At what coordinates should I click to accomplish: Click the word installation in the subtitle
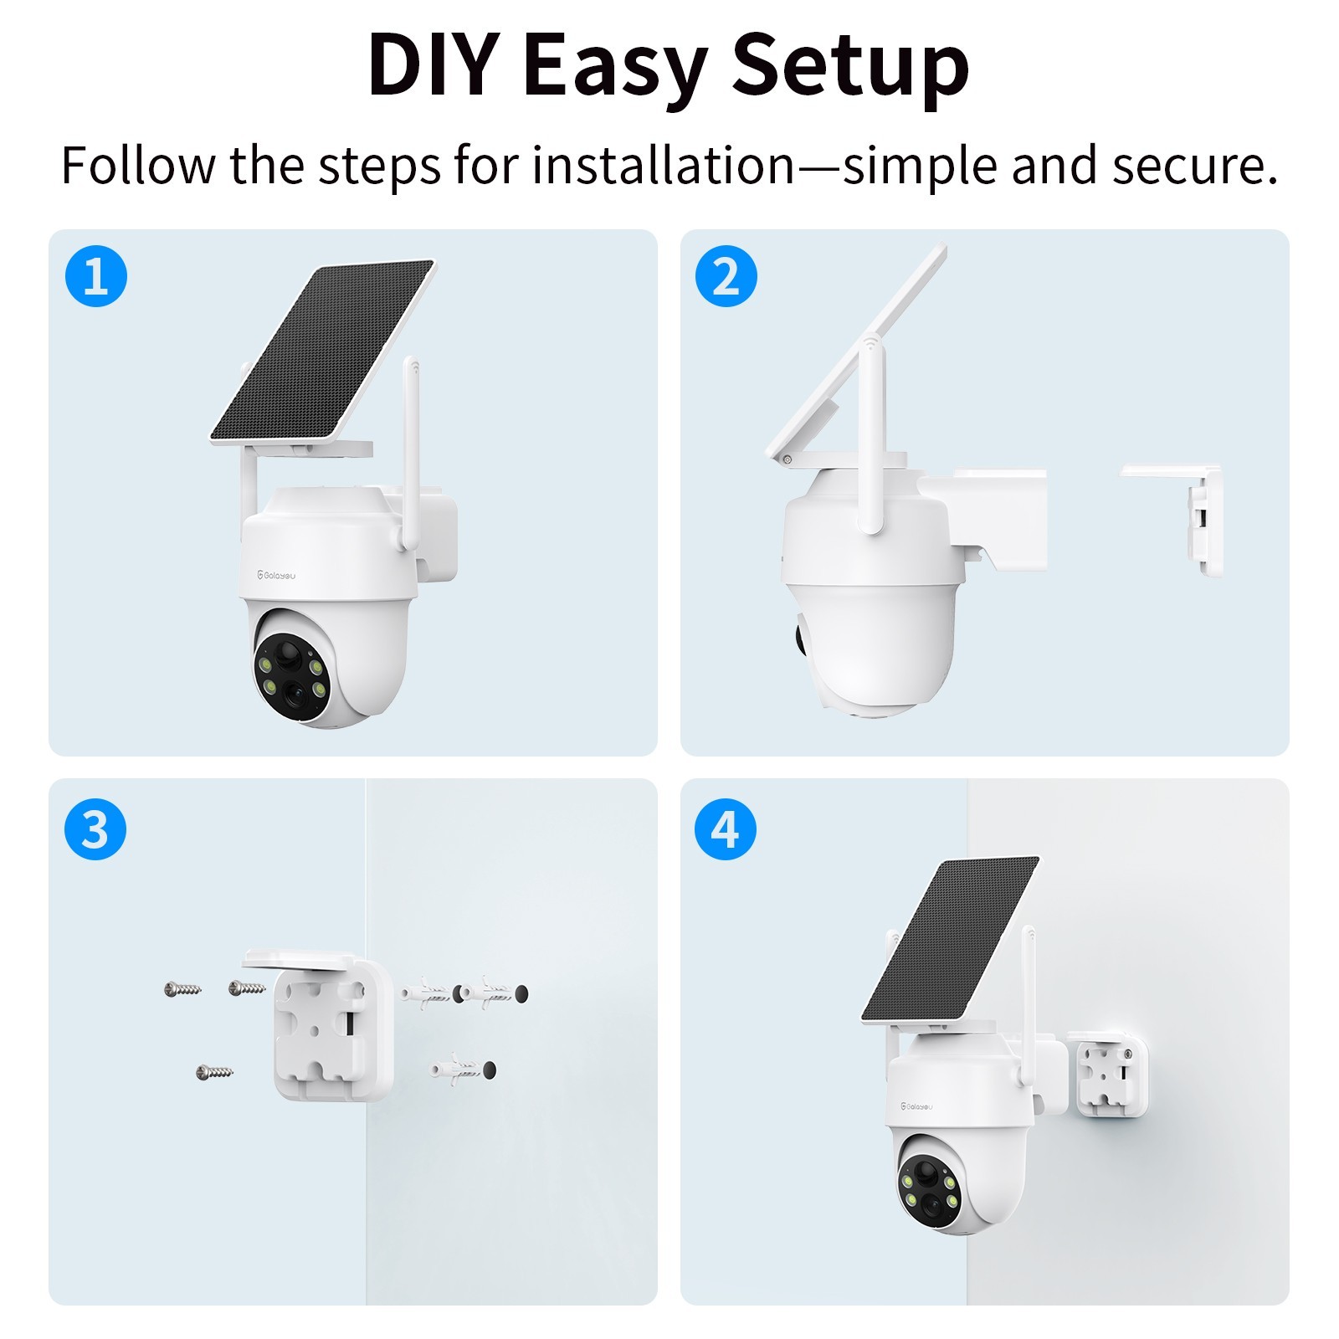point(664,165)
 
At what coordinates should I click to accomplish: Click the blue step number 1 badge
point(96,276)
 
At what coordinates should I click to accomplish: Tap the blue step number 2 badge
point(726,276)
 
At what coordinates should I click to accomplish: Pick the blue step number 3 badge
point(95,829)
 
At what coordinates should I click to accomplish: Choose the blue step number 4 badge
point(726,829)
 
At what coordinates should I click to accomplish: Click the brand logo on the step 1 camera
point(276,575)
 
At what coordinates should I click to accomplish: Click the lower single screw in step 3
point(214,1071)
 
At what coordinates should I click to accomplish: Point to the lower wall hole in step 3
point(489,1070)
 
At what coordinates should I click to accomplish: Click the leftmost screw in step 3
point(182,989)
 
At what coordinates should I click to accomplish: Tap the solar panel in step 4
point(950,939)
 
